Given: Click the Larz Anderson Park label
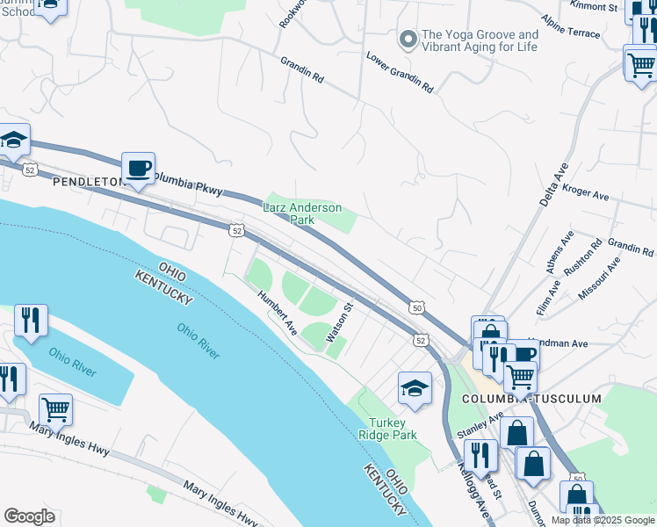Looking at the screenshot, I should [302, 213].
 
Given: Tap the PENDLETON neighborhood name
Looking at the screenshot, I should [88, 182].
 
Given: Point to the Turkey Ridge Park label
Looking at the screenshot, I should [393, 428].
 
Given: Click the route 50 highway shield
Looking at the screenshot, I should [417, 307].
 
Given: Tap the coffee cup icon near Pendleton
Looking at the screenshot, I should [138, 167].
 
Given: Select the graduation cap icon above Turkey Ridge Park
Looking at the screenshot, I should [415, 388].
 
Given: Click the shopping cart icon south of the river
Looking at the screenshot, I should [55, 408].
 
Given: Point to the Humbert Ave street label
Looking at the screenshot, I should [278, 312].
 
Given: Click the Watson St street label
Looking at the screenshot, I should [339, 323].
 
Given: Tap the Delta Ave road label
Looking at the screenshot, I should [553, 186].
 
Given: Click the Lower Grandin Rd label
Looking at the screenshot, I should [400, 74].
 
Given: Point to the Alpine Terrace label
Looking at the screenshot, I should [570, 27].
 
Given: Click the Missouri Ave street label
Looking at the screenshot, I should [599, 280].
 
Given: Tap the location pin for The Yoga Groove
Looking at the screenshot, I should [407, 39].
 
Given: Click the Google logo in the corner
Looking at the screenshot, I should [29, 516].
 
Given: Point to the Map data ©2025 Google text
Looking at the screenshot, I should [603, 520].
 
